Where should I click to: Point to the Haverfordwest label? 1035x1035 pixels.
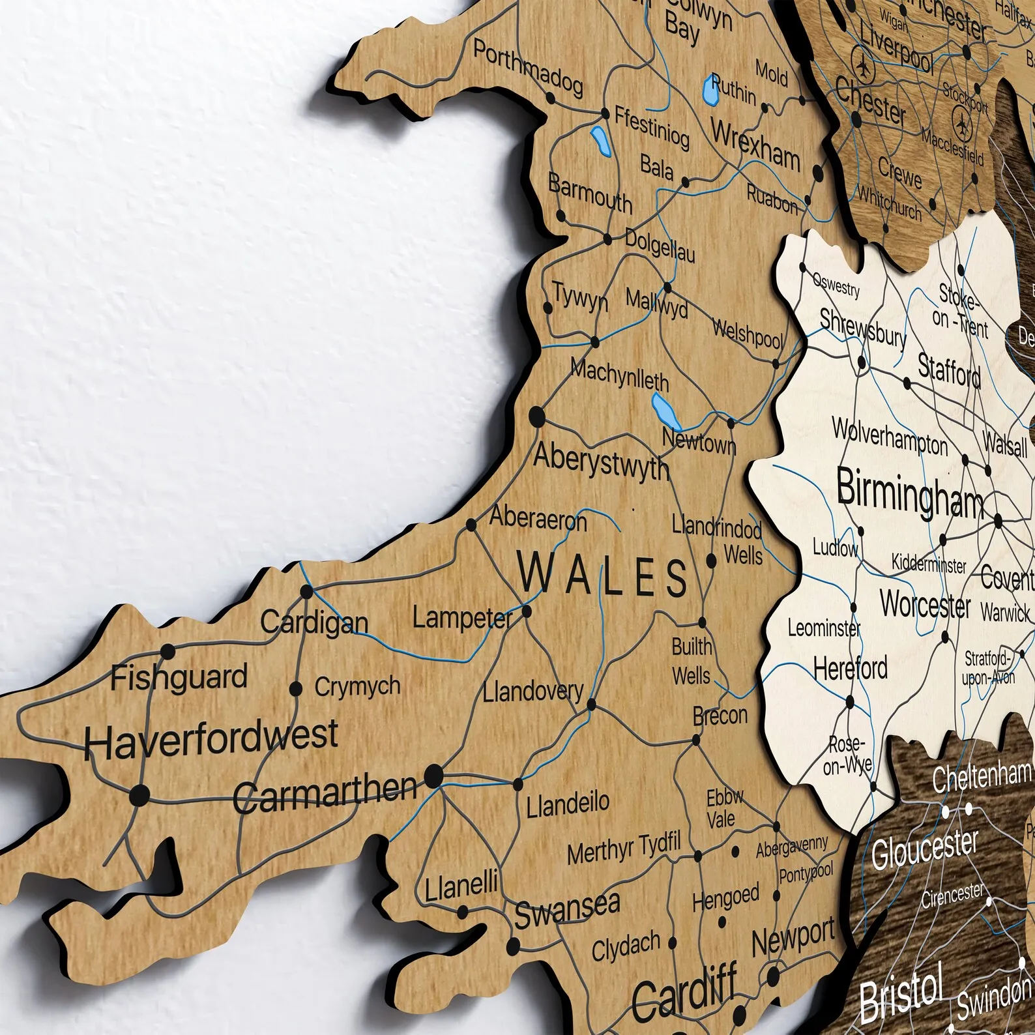pos(211,740)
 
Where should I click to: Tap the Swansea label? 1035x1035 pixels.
pos(567,909)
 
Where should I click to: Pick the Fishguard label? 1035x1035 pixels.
pos(179,678)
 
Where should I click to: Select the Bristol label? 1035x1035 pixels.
pos(901,998)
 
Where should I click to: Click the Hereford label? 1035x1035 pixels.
pos(850,669)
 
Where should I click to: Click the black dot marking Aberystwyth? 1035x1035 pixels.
pos(537,416)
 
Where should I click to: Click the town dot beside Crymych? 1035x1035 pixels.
pos(296,688)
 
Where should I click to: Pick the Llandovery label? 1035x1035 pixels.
pos(532,691)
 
